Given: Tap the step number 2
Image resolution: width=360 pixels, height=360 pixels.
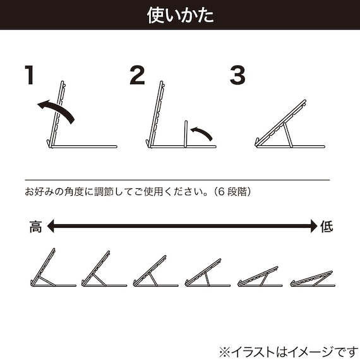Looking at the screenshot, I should (x=137, y=76).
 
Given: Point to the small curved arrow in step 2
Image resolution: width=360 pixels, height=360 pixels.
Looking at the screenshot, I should (x=202, y=132).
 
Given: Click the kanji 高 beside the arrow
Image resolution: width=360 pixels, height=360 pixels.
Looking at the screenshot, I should (x=35, y=226).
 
